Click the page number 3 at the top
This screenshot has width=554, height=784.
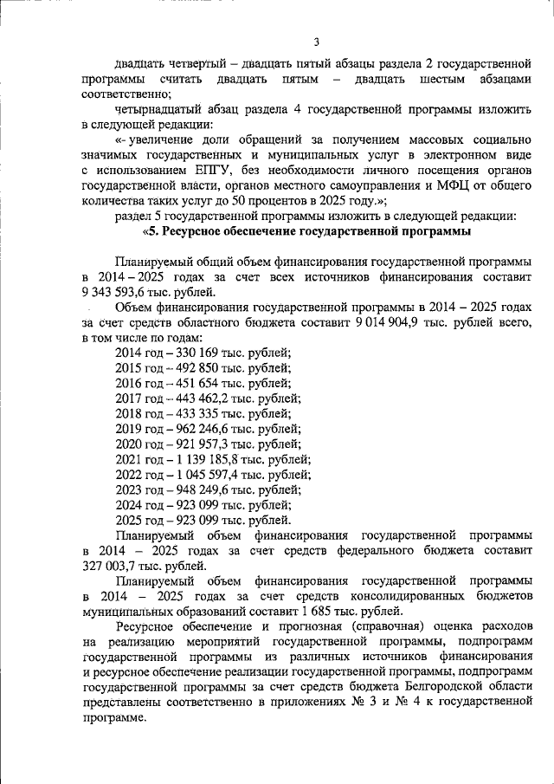point(317,42)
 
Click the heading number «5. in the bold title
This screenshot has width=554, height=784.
point(152,232)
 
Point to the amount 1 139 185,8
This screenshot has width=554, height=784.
point(208,459)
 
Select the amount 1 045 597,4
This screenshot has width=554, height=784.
point(208,475)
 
